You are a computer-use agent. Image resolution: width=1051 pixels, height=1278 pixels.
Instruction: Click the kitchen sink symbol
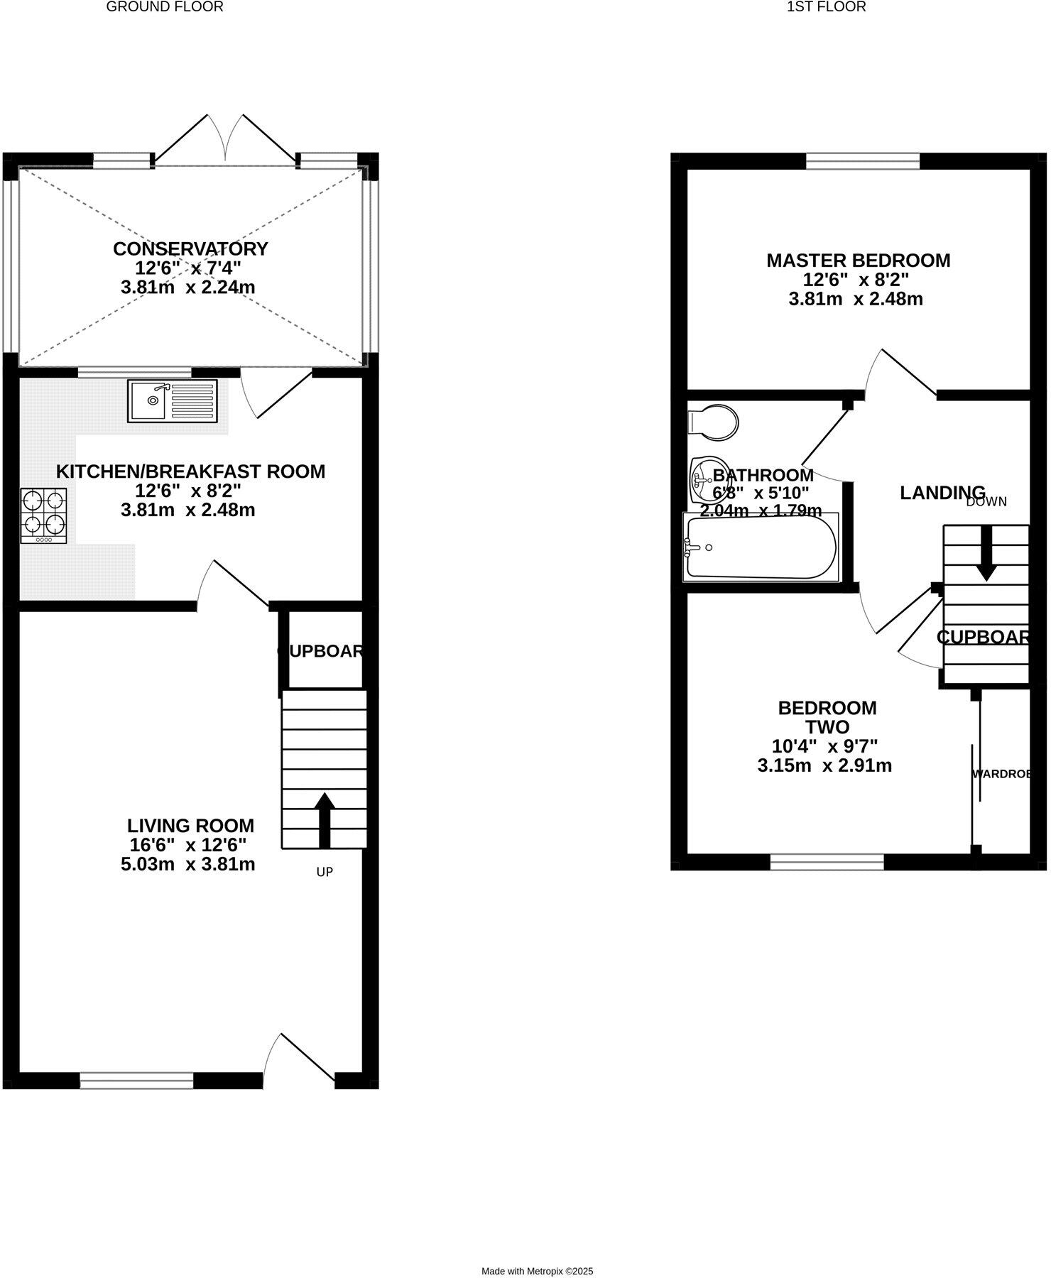173,401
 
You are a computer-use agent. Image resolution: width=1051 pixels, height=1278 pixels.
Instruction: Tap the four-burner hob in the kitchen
44,516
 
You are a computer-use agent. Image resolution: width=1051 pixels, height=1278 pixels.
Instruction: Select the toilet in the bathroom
714,422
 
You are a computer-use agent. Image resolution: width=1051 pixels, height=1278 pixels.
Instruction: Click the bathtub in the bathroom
760,547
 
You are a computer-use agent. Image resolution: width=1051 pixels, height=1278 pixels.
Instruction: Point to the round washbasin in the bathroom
703,479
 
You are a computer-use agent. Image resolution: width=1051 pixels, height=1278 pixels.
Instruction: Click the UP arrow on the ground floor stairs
325,820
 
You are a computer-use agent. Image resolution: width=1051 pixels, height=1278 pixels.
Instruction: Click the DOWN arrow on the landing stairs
986,554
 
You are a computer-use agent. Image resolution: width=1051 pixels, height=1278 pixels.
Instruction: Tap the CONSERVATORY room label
190,249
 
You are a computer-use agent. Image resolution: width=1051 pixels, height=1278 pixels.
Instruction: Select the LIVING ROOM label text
190,826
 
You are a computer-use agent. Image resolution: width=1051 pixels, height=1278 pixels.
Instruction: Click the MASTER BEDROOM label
858,261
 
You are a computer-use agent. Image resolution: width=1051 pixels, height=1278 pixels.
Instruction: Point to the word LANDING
942,493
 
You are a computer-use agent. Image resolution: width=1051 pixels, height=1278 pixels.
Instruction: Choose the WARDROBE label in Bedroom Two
1001,774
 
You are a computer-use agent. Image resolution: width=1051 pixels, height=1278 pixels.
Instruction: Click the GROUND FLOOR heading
165,7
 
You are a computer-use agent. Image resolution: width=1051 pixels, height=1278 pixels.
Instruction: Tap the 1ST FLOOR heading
826,7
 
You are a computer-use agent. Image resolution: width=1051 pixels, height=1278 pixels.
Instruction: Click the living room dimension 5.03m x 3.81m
187,865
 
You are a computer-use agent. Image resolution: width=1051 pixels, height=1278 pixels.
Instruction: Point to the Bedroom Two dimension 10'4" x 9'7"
824,746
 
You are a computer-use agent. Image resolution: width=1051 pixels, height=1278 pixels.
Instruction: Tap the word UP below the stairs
325,872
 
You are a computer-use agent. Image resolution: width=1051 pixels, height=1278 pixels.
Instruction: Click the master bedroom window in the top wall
862,162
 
